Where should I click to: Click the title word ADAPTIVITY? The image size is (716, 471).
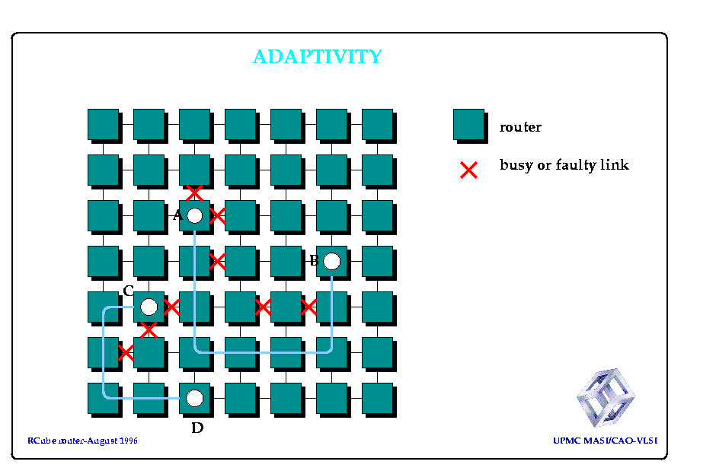pos(318,56)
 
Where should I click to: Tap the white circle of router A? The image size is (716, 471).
pos(194,215)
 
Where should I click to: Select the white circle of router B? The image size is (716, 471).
pos(331,261)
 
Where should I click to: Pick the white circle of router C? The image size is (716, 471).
pos(149,307)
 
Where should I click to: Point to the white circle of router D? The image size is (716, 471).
pos(194,398)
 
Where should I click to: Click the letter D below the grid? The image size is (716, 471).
pos(197,428)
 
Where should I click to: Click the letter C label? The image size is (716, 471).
pos(128,291)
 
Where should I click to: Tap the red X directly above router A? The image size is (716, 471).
pos(194,193)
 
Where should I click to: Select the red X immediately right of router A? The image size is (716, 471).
pos(217,215)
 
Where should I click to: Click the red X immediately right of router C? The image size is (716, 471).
pos(171,307)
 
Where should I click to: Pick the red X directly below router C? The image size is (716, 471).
pos(149,329)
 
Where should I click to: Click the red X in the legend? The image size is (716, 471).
pos(468,170)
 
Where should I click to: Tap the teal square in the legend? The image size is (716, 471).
pos(469,125)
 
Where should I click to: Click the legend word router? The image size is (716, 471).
pos(520,127)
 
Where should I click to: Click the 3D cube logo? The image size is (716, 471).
pos(606,397)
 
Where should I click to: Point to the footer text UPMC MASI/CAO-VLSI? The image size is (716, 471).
pos(606,441)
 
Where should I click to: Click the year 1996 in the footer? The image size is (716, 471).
pos(129,441)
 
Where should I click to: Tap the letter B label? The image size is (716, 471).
pos(314,260)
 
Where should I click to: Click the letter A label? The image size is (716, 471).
pos(178,215)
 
